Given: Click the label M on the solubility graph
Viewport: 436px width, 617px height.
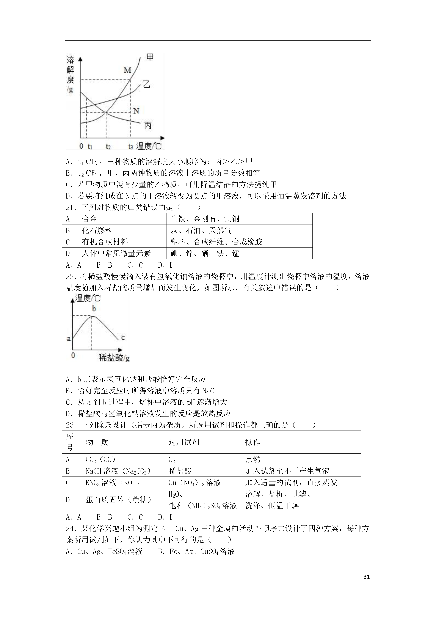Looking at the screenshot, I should (127, 70).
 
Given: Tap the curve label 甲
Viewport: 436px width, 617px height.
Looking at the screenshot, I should (150, 57).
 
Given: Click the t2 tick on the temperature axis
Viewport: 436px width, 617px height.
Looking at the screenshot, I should (108, 147).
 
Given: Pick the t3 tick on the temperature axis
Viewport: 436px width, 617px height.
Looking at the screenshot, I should (131, 147).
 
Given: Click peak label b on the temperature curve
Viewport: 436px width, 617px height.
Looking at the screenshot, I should (94, 309).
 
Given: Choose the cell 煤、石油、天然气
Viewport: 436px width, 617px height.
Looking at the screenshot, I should (201, 230).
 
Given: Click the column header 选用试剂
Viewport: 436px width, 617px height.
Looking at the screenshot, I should (184, 442).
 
